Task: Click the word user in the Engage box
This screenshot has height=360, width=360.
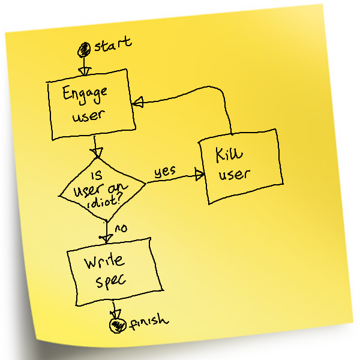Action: point(88,115)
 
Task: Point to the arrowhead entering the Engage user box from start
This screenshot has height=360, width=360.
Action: point(84,71)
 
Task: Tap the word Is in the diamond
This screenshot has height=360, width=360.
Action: point(95,175)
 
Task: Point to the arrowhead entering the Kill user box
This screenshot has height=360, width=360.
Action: point(200,176)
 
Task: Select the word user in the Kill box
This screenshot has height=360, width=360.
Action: point(234,175)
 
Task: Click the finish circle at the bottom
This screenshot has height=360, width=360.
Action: point(115,325)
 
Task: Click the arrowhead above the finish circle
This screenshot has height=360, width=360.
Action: point(116,313)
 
